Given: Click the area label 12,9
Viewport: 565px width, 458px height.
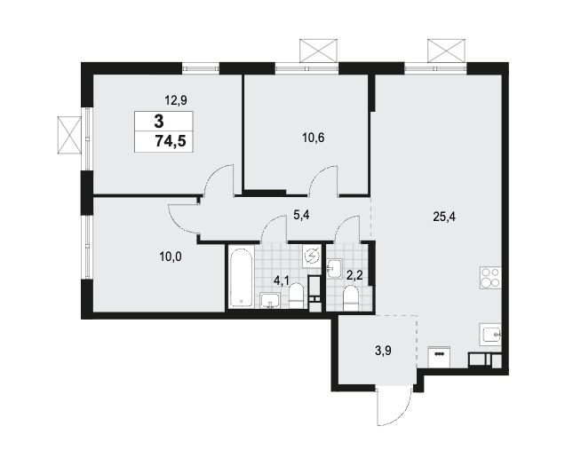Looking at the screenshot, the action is (176, 100).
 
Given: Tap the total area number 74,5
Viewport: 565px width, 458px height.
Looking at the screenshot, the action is (171, 141).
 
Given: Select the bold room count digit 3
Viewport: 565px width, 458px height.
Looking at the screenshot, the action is (159, 122).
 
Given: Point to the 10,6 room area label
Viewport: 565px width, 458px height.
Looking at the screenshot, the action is (314, 138).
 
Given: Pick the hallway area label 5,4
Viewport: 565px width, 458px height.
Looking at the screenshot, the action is (301, 216).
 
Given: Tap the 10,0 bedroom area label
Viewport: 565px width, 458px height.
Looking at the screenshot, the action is (171, 257).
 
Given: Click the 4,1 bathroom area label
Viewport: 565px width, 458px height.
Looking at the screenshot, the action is (281, 280).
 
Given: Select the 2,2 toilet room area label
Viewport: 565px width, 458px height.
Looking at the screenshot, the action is (354, 276).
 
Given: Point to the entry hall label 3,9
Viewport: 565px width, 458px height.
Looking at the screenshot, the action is (384, 351).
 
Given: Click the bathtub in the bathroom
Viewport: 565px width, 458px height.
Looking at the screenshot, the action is (241, 277).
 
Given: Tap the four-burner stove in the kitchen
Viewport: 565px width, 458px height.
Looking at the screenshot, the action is (490, 277).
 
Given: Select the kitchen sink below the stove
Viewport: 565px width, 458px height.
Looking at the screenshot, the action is (490, 334).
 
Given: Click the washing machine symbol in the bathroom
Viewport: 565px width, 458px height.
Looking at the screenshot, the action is (312, 256).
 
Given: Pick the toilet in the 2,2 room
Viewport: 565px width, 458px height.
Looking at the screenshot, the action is (350, 298).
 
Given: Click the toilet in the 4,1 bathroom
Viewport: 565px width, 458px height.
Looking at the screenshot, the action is (297, 296).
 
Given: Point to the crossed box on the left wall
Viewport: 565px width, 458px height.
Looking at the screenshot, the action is (70, 135).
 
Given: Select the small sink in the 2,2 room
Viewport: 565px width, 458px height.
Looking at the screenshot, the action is (335, 268).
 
